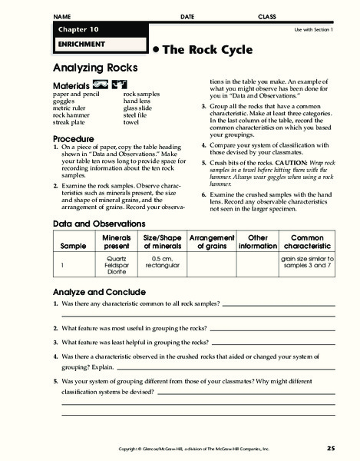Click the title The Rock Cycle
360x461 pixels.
[194, 48]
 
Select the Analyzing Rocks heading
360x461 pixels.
[90, 67]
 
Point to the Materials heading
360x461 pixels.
[69, 85]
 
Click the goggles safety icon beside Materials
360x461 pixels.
[100, 84]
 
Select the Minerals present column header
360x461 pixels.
[117, 242]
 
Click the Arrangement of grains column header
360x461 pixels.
[211, 242]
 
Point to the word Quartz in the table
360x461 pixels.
[117, 259]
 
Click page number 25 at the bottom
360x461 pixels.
[331, 447]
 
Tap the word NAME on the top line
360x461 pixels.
[63, 16]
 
